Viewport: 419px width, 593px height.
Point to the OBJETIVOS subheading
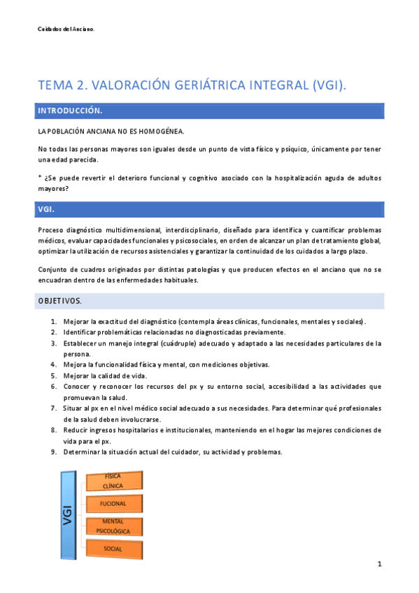click(x=59, y=301)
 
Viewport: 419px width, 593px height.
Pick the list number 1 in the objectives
click(x=54, y=322)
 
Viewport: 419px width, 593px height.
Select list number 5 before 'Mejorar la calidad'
click(x=54, y=376)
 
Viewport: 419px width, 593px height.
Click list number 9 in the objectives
click(x=54, y=452)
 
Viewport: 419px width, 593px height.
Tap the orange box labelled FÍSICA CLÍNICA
click(x=113, y=480)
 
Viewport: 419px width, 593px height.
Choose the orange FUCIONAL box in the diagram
click(x=113, y=503)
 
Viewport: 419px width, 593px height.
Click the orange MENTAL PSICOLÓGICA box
click(x=113, y=527)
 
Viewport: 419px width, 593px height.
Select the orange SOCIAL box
click(x=113, y=549)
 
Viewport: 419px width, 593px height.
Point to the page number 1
click(x=378, y=564)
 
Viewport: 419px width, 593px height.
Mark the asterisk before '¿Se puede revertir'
click(x=40, y=178)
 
